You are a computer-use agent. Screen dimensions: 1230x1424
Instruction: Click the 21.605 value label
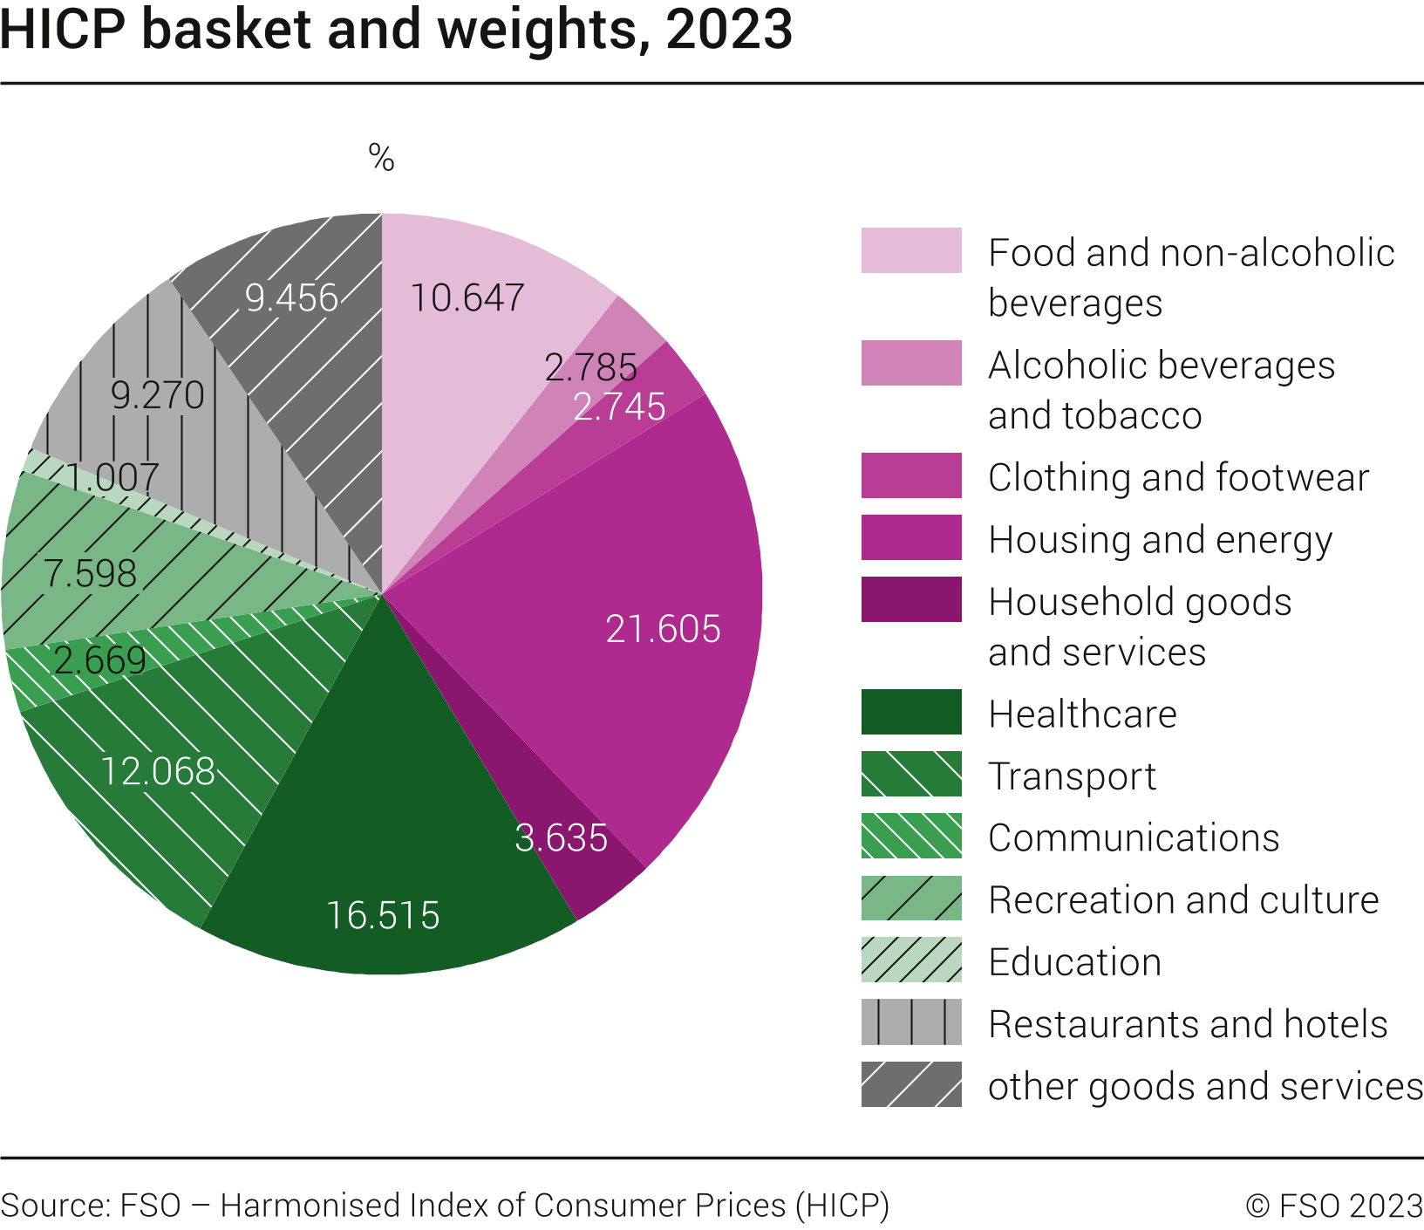click(x=663, y=629)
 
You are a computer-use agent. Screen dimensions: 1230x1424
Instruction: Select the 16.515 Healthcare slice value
click(x=383, y=916)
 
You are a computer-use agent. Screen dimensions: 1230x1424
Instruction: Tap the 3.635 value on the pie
click(x=561, y=838)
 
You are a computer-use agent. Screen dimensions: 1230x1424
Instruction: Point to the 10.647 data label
click(x=467, y=298)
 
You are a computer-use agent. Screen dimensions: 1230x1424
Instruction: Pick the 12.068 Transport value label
click(x=158, y=772)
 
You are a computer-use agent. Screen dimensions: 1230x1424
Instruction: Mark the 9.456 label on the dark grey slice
click(x=291, y=298)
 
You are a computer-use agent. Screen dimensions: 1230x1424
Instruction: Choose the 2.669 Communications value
click(x=100, y=660)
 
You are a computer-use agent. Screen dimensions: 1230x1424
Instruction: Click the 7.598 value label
click(x=91, y=574)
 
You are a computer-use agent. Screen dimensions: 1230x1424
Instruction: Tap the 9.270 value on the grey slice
click(x=158, y=396)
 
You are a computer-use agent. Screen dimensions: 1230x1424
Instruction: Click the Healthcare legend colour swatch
click(x=911, y=712)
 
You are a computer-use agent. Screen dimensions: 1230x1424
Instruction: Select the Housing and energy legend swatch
click(x=911, y=537)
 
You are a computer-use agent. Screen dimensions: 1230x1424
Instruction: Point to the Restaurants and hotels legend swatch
click(x=911, y=1022)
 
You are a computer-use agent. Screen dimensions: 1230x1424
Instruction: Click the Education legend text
click(x=1074, y=962)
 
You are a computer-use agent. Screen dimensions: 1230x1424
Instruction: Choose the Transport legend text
click(x=1072, y=776)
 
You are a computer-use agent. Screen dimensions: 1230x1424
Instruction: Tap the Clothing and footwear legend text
click(x=1178, y=477)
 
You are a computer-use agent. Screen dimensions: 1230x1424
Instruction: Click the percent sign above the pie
click(x=381, y=159)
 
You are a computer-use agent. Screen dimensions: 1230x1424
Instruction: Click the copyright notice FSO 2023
click(x=1334, y=1206)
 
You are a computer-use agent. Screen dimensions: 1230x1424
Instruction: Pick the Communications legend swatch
click(x=911, y=836)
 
